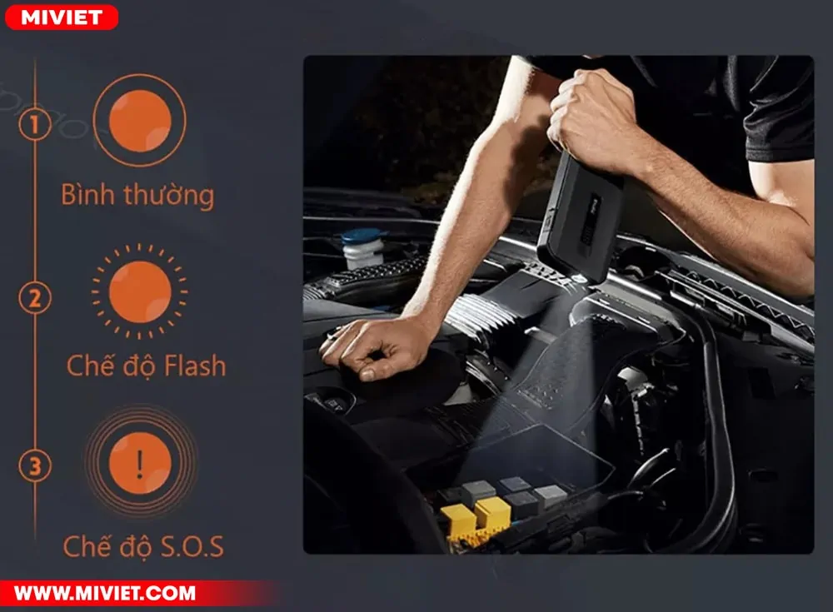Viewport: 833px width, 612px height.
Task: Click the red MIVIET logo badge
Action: tap(62, 17)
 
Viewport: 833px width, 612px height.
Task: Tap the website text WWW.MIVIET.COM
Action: tap(105, 593)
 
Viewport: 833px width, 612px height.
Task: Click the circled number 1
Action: tap(34, 125)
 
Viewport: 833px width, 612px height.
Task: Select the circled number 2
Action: tap(34, 297)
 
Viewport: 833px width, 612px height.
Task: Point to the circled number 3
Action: tap(34, 466)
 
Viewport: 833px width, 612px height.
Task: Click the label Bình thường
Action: tap(137, 195)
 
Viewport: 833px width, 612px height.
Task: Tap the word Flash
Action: tap(194, 366)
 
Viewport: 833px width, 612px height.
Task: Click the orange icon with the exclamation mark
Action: tap(140, 463)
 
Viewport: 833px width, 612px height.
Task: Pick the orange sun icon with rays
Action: tap(140, 291)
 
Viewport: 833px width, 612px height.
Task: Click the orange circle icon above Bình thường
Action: tap(140, 121)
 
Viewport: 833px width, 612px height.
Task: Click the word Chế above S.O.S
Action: tap(82, 547)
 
